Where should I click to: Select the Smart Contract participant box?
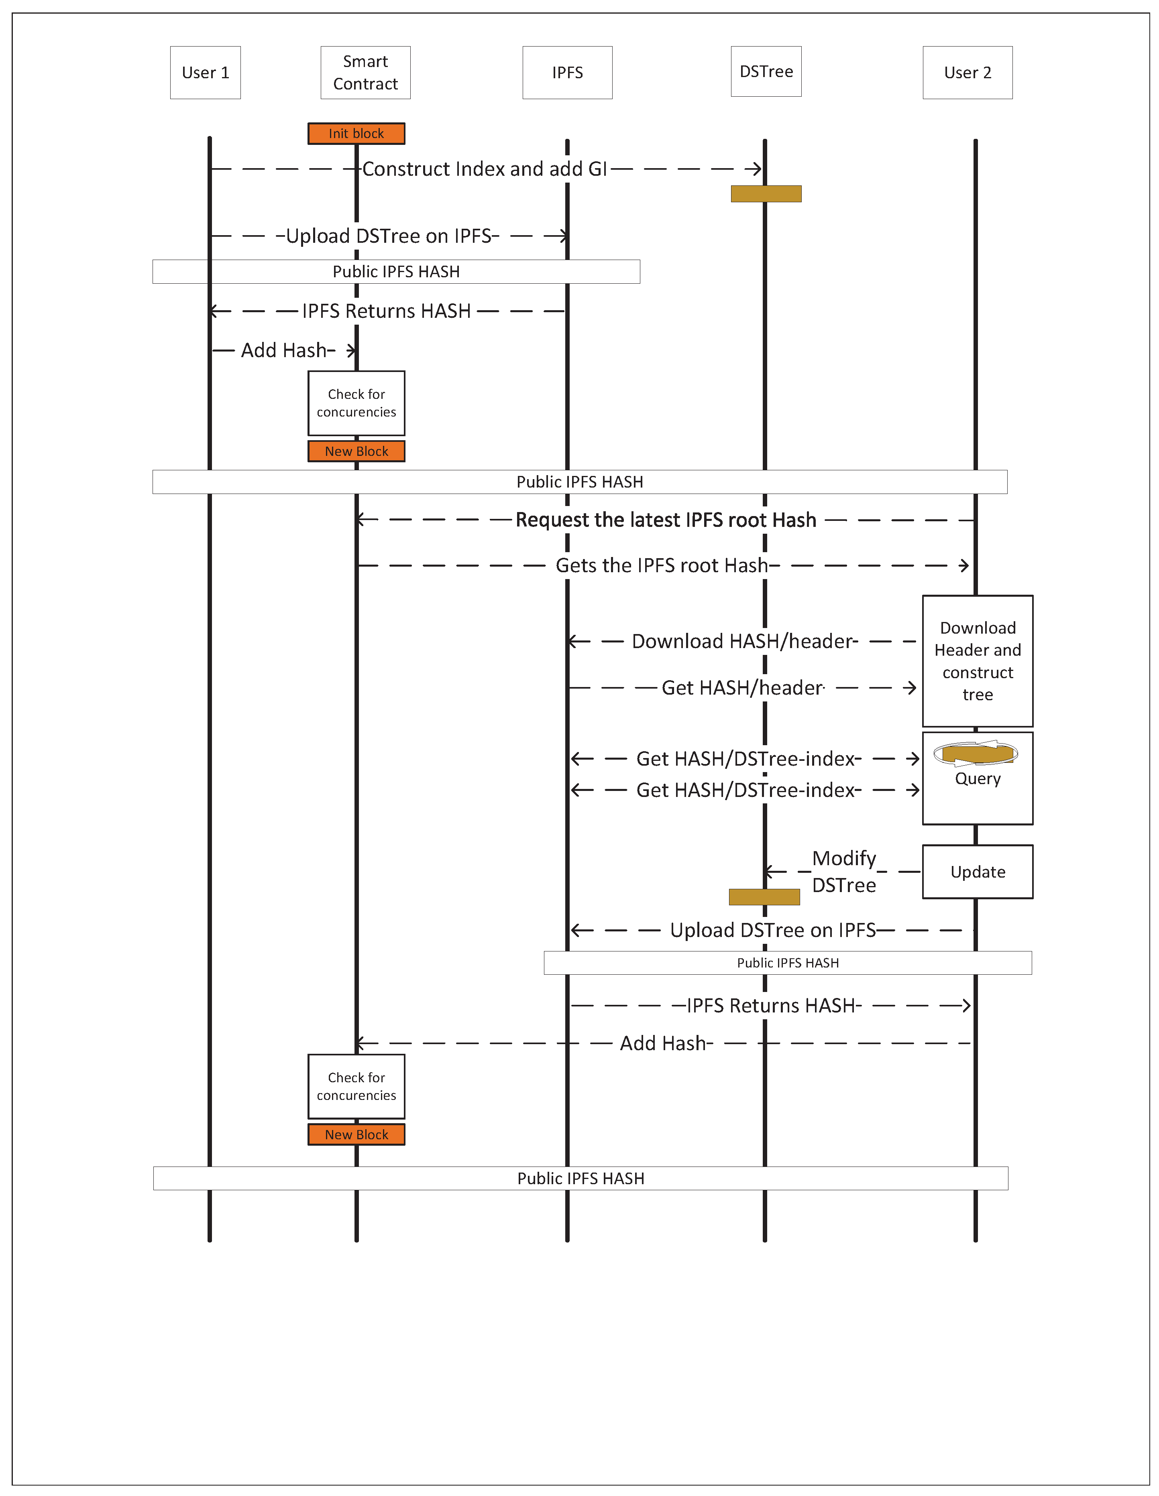[365, 73]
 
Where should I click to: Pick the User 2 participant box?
[967, 73]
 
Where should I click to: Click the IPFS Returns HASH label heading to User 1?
[387, 311]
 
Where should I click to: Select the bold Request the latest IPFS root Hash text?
[666, 520]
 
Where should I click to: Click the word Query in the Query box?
[978, 779]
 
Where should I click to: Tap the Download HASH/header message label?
[744, 642]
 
